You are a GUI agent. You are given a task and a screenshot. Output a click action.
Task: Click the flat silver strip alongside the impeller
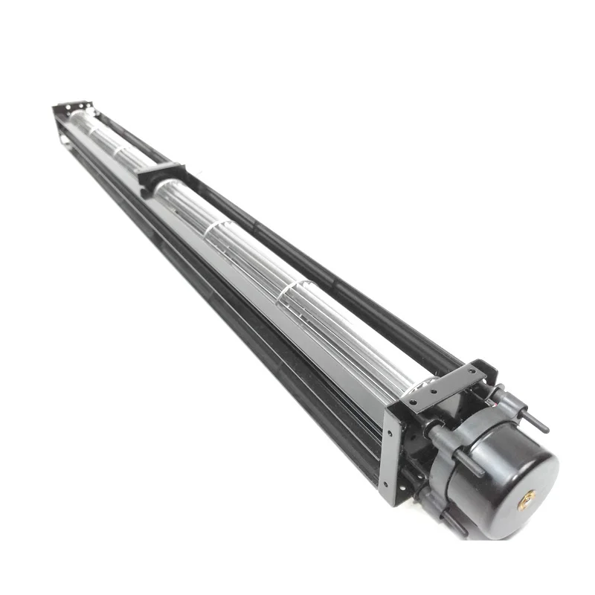click(x=245, y=297)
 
